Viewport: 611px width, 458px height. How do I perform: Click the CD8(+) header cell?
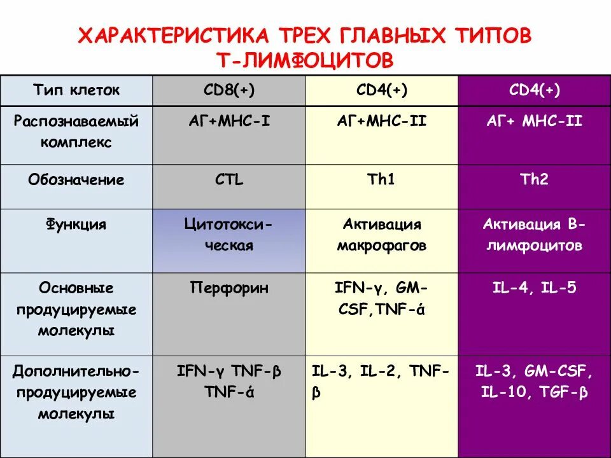[x=228, y=90]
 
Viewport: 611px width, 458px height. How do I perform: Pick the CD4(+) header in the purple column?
[x=534, y=90]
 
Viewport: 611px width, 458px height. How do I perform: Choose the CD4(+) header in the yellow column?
[x=381, y=90]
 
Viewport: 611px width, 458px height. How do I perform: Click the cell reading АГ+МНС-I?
[x=228, y=121]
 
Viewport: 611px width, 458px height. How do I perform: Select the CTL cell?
[x=228, y=179]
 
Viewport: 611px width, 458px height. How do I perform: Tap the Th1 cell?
[x=381, y=179]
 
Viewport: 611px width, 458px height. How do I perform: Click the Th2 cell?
[x=534, y=179]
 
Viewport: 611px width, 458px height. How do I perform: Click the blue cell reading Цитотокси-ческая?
[x=228, y=235]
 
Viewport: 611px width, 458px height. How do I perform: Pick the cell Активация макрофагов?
[x=381, y=235]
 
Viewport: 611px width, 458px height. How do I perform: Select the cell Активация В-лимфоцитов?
[x=534, y=235]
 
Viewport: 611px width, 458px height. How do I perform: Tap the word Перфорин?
[x=228, y=288]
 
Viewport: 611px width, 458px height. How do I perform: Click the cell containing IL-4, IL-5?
[x=534, y=288]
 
